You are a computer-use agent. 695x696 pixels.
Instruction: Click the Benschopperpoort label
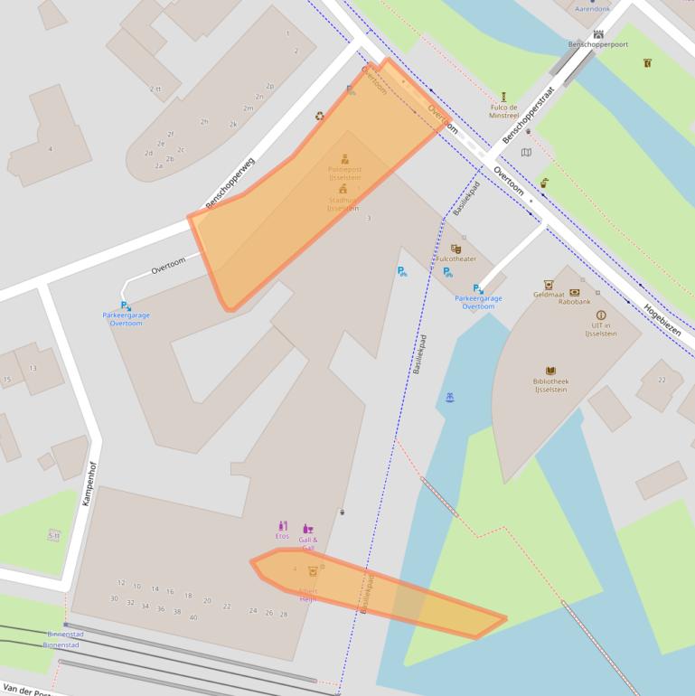[x=597, y=44]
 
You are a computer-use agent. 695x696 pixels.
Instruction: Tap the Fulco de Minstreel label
[x=503, y=111]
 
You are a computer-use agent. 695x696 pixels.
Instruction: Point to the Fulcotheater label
[x=456, y=259]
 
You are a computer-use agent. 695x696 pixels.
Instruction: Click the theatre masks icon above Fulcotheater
[x=456, y=249]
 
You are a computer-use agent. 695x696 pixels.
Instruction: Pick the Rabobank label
[x=574, y=302]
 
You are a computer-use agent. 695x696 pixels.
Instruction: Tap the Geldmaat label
[x=549, y=295]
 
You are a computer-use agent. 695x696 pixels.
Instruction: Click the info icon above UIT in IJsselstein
[x=600, y=315]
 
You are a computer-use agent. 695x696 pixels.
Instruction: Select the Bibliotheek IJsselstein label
[x=550, y=385]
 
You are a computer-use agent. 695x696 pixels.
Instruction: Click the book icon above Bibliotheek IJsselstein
[x=550, y=371]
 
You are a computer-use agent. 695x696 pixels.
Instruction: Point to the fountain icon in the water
[x=449, y=397]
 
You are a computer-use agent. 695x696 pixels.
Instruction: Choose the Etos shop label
[x=282, y=536]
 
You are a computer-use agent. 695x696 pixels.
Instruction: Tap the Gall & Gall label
[x=308, y=543]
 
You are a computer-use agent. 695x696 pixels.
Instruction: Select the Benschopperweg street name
[x=230, y=183]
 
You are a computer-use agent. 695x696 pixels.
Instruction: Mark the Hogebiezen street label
[x=662, y=318]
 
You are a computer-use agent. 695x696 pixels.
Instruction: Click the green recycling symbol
[x=319, y=116]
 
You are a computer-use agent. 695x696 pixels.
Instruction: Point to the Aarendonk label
[x=593, y=9]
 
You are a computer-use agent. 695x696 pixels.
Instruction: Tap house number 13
[x=33, y=368]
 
